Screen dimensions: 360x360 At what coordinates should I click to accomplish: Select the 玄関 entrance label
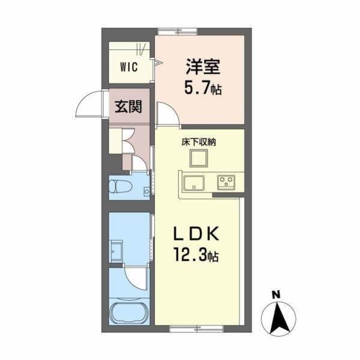click(x=128, y=107)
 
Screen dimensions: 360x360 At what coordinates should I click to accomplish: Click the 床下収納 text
click(x=198, y=143)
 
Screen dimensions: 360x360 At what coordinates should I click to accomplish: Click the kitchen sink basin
click(x=194, y=183)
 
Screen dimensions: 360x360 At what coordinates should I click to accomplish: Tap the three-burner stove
click(x=226, y=180)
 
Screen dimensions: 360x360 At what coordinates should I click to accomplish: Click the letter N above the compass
click(x=275, y=295)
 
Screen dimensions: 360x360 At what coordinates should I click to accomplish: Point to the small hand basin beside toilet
click(x=146, y=191)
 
